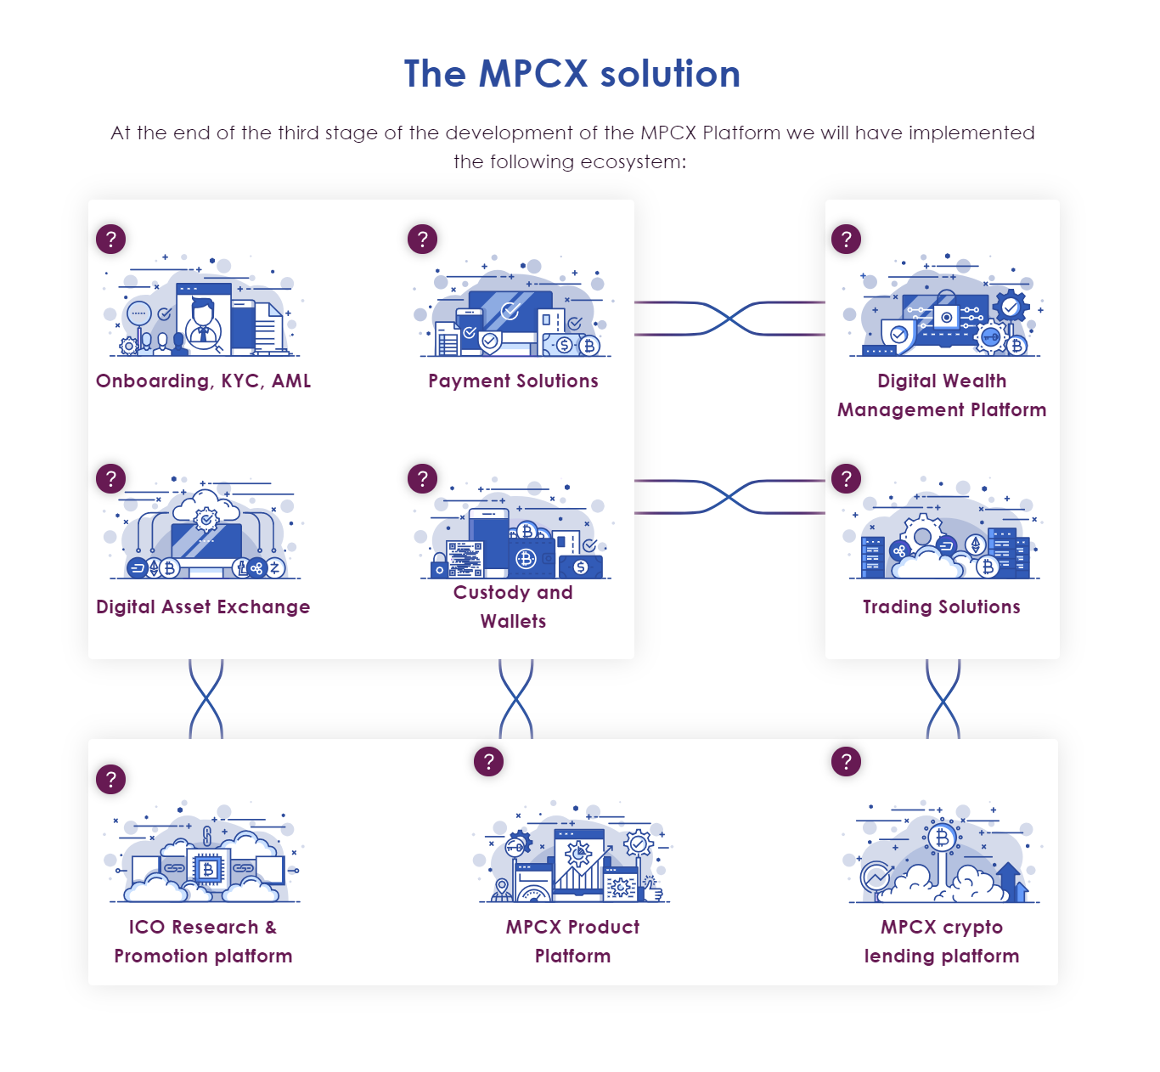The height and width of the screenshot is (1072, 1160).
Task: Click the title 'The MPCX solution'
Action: tap(572, 74)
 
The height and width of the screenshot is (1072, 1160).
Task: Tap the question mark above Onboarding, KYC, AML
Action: tap(110, 239)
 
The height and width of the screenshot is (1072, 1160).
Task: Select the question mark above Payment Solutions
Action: tap(422, 239)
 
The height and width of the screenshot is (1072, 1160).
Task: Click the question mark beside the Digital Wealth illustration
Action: tap(846, 239)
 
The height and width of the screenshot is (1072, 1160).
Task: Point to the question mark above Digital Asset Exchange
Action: tap(110, 478)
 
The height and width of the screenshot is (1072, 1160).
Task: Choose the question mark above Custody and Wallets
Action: tap(422, 478)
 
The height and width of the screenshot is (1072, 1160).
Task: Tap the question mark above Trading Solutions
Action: tap(846, 478)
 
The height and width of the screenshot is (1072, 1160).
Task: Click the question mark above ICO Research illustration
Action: tap(110, 779)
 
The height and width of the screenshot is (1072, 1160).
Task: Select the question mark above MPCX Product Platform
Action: tap(488, 761)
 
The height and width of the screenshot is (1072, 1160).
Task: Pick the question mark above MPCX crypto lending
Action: tap(846, 761)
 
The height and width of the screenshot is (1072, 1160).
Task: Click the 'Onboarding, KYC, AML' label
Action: tap(203, 381)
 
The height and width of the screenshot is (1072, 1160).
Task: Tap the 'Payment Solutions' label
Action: tap(513, 381)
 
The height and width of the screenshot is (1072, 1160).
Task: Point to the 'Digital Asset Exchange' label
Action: tap(203, 607)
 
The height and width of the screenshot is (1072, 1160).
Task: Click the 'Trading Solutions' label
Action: tap(941, 607)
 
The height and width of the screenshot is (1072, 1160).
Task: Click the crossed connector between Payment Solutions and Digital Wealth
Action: tap(729, 319)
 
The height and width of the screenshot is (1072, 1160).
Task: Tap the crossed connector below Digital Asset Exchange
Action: tap(206, 699)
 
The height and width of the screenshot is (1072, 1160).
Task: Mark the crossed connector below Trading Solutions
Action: tap(943, 699)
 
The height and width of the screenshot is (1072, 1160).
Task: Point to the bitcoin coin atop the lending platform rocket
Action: tap(941, 838)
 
